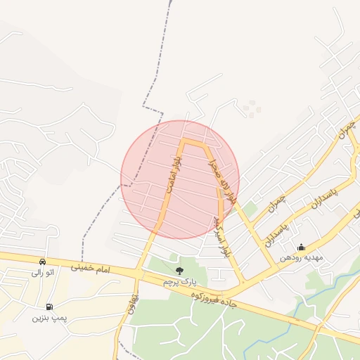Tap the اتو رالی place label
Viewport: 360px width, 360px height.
[44, 272]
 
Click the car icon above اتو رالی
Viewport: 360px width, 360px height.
[44, 261]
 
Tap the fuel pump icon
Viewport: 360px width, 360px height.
[49, 307]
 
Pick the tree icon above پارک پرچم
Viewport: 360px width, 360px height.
[179, 269]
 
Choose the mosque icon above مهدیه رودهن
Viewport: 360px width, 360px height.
[301, 247]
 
